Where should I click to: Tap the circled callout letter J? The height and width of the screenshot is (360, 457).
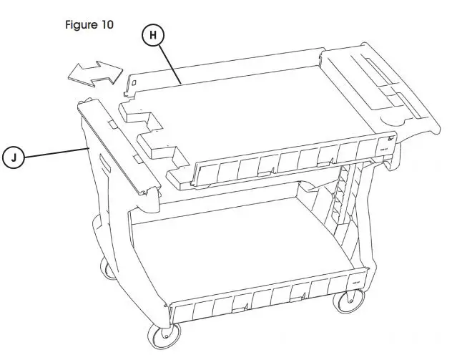pos(14,155)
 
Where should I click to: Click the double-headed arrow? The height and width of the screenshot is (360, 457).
pos(92,72)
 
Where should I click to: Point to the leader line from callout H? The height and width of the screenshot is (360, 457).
pos(176,65)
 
